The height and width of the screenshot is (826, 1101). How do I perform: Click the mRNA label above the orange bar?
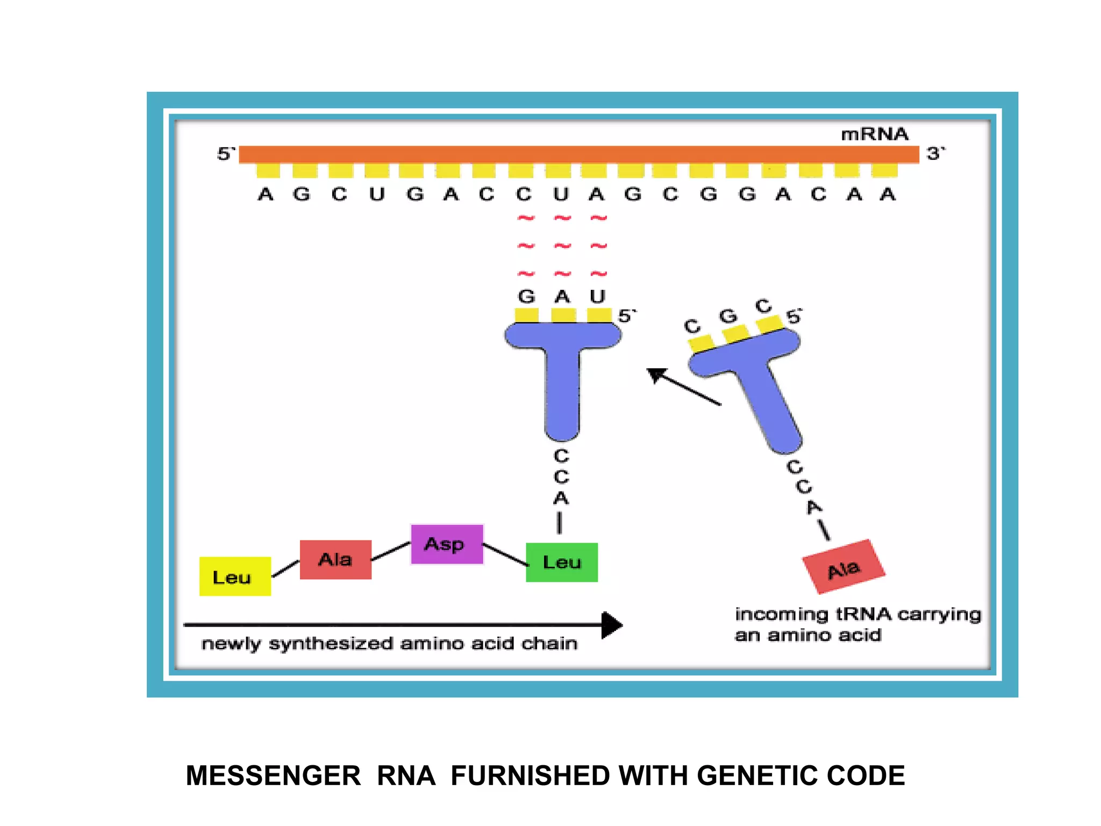click(x=874, y=134)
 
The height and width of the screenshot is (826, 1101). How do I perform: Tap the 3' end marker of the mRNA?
click(x=935, y=154)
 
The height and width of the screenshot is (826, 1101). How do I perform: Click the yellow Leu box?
click(x=235, y=576)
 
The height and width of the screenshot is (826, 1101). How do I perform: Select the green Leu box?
click(x=562, y=562)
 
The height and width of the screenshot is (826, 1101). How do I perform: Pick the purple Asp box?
click(x=447, y=544)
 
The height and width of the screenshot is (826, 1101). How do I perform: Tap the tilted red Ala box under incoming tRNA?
click(x=843, y=567)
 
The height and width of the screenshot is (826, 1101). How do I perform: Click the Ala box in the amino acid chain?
click(x=335, y=560)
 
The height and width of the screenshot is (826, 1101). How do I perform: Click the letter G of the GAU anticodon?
click(x=526, y=296)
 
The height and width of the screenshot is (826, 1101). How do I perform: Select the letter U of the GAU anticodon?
click(x=598, y=296)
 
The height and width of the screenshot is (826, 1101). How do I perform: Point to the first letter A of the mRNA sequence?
click(x=266, y=194)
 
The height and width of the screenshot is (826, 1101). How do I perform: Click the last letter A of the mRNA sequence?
click(x=888, y=194)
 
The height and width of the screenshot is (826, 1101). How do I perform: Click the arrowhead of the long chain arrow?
click(x=612, y=625)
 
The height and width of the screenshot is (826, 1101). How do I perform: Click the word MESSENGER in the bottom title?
click(x=273, y=776)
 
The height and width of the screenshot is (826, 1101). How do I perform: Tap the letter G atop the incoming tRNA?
click(x=728, y=316)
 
